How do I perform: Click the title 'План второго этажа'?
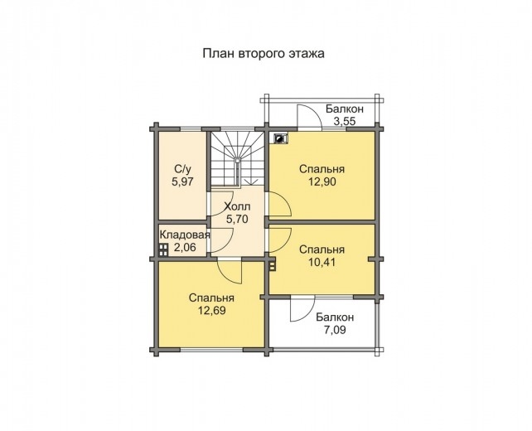point(264,52)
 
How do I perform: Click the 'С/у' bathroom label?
point(181,167)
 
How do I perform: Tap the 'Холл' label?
point(237,206)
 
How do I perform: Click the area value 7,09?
point(335,330)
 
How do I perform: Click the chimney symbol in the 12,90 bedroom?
point(280,138)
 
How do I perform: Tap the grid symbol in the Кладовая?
point(164,248)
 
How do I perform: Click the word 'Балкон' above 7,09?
point(335,317)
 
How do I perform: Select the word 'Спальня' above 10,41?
point(322,249)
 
